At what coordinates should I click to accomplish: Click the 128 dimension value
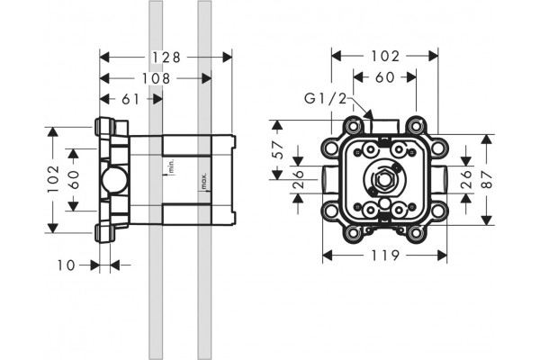pyautogui.click(x=166, y=58)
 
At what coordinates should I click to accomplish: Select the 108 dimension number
pyautogui.click(x=157, y=78)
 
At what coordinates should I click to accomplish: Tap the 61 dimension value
pyautogui.click(x=130, y=100)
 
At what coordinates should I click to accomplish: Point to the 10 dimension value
pyautogui.click(x=66, y=265)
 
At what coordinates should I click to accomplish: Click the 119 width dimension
pyautogui.click(x=385, y=256)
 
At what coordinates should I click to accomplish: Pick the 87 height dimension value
pyautogui.click(x=487, y=179)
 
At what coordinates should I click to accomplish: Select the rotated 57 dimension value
pyautogui.click(x=277, y=149)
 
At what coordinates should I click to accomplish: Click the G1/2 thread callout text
pyautogui.click(x=325, y=99)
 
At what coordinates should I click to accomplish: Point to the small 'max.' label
pyautogui.click(x=204, y=182)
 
